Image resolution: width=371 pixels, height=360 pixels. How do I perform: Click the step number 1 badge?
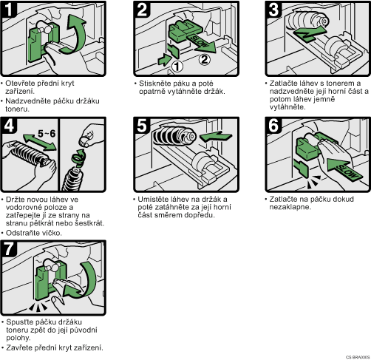tap(9, 10)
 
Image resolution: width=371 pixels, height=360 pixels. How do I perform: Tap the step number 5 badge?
tap(142, 126)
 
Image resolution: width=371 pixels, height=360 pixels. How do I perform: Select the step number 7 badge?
tap(9, 248)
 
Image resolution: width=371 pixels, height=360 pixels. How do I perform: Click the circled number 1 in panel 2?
tap(177, 67)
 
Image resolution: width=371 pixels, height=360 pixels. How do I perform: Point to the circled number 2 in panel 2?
tap(205, 59)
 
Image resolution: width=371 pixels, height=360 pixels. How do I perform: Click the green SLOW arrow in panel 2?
tap(200, 44)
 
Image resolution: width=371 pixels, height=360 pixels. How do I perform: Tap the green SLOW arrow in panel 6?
tap(345, 169)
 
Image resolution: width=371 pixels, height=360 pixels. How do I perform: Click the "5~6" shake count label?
tap(47, 134)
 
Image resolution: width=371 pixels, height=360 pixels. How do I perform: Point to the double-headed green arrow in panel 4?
tap(39, 142)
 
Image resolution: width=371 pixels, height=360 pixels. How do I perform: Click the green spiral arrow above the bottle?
tap(78, 158)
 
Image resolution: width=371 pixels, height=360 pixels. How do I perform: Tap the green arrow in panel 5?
tap(216, 136)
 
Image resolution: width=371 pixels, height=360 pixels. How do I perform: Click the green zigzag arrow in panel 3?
tap(310, 34)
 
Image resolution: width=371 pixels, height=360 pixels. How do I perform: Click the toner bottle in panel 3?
tap(307, 20)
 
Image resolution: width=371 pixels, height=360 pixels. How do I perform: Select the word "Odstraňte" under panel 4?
tap(21, 233)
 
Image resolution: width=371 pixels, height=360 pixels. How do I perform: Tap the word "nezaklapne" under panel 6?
tap(290, 207)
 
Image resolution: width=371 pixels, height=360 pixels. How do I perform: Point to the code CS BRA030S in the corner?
tap(358, 357)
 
